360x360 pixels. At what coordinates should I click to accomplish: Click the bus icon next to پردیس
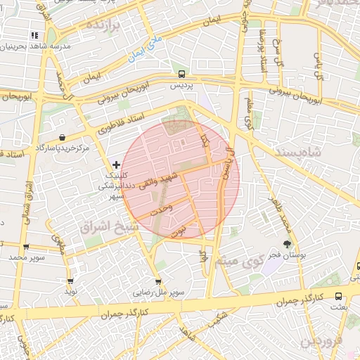pos(182,73)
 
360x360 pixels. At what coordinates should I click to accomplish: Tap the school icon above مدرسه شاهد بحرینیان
pos(34,35)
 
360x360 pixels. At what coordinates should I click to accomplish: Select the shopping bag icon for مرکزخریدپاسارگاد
pos(63,137)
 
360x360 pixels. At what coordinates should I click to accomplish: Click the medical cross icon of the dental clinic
pos(116,165)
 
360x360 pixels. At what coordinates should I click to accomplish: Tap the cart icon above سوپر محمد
pos(26,247)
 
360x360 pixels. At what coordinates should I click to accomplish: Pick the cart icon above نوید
pos(71,281)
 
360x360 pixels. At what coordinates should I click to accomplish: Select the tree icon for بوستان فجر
pos(286,243)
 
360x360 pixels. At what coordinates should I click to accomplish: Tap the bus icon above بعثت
pos(338,296)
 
